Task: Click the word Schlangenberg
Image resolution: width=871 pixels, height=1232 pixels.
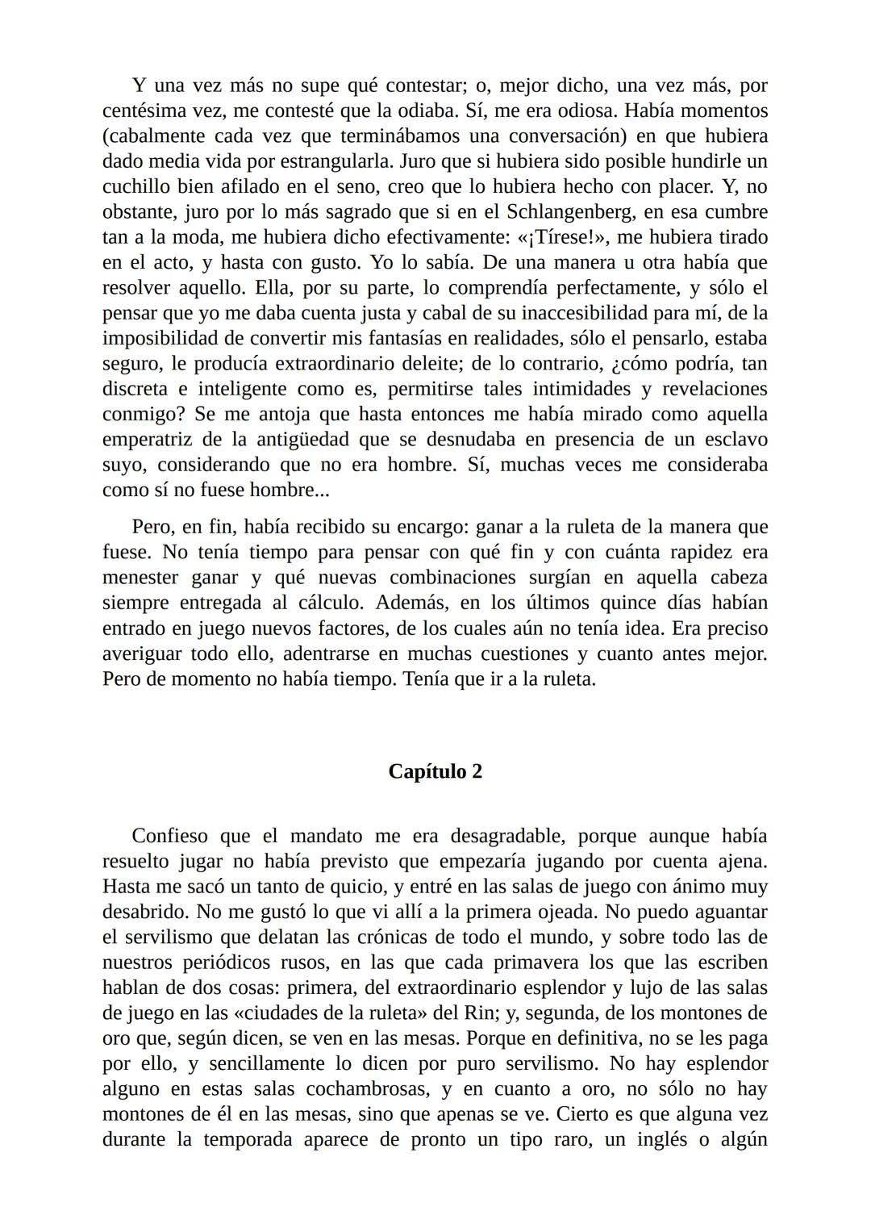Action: coord(574,211)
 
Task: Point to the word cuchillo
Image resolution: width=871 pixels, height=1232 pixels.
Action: coord(135,186)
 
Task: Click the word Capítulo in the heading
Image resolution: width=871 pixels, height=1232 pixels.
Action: coord(425,772)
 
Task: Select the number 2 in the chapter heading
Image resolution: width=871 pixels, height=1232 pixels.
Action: coord(477,772)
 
